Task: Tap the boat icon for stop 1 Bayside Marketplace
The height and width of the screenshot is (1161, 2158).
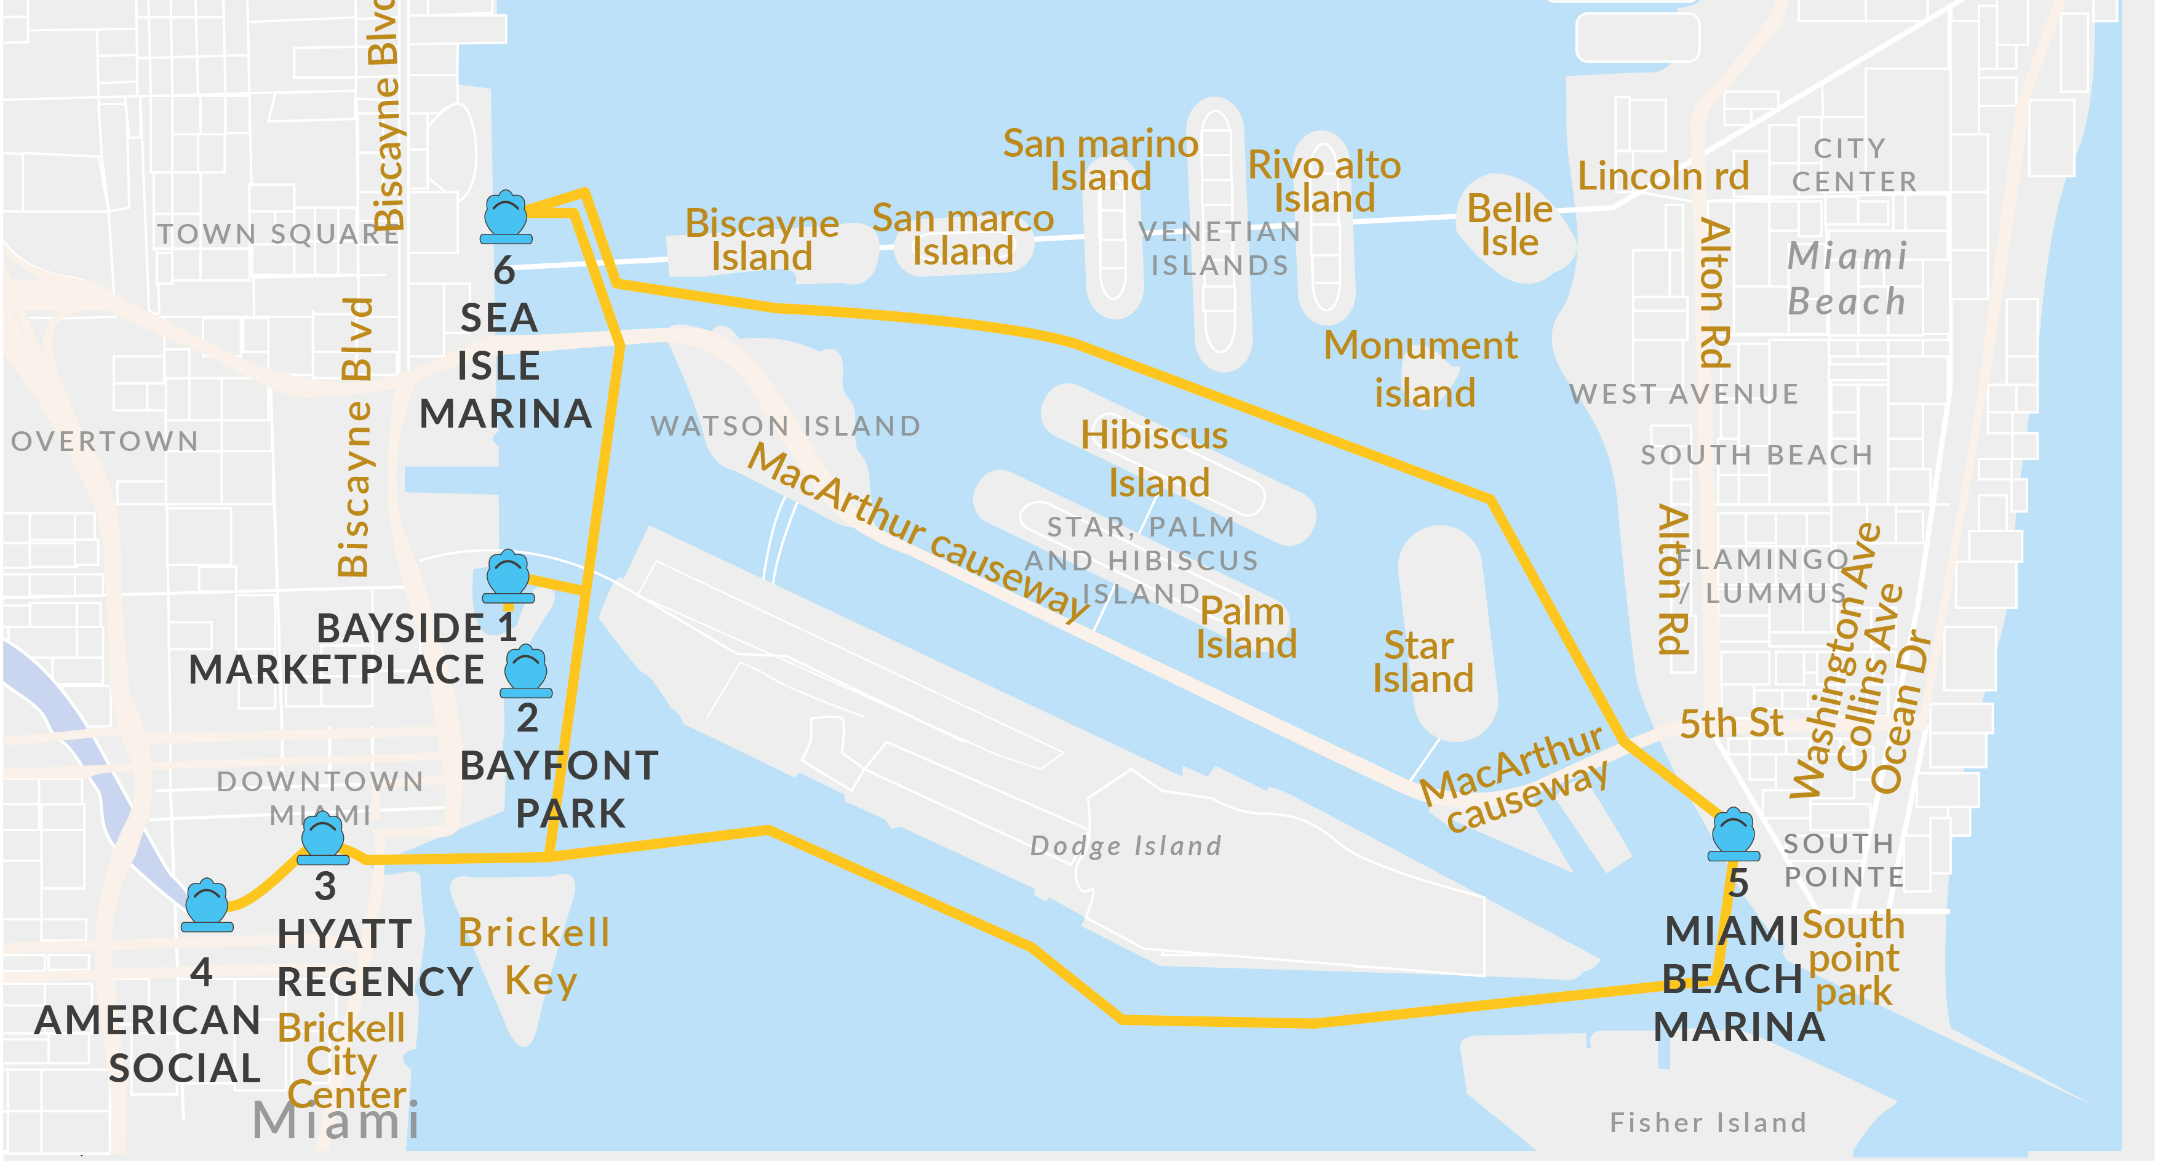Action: (509, 577)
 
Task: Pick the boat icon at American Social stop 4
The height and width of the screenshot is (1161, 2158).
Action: (207, 906)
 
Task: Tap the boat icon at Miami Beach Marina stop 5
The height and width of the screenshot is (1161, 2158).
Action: (1734, 834)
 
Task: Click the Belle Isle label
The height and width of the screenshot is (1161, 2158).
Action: (1509, 225)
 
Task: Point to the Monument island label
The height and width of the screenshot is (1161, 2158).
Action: (1422, 369)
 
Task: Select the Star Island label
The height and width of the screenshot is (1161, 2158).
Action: (1422, 662)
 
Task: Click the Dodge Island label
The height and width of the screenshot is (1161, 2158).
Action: (1125, 845)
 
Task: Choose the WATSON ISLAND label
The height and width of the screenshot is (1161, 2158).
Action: (785, 426)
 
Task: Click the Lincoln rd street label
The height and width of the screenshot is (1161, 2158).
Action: (1662, 177)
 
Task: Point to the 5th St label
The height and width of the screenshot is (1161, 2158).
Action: (1730, 723)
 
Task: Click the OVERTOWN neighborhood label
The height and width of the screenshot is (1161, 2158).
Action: (105, 441)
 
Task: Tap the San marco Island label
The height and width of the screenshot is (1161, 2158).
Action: (963, 234)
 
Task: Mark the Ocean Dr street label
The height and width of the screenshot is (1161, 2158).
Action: (1901, 712)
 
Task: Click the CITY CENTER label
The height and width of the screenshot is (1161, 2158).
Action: (1852, 165)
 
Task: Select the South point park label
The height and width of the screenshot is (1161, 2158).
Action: (1853, 959)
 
